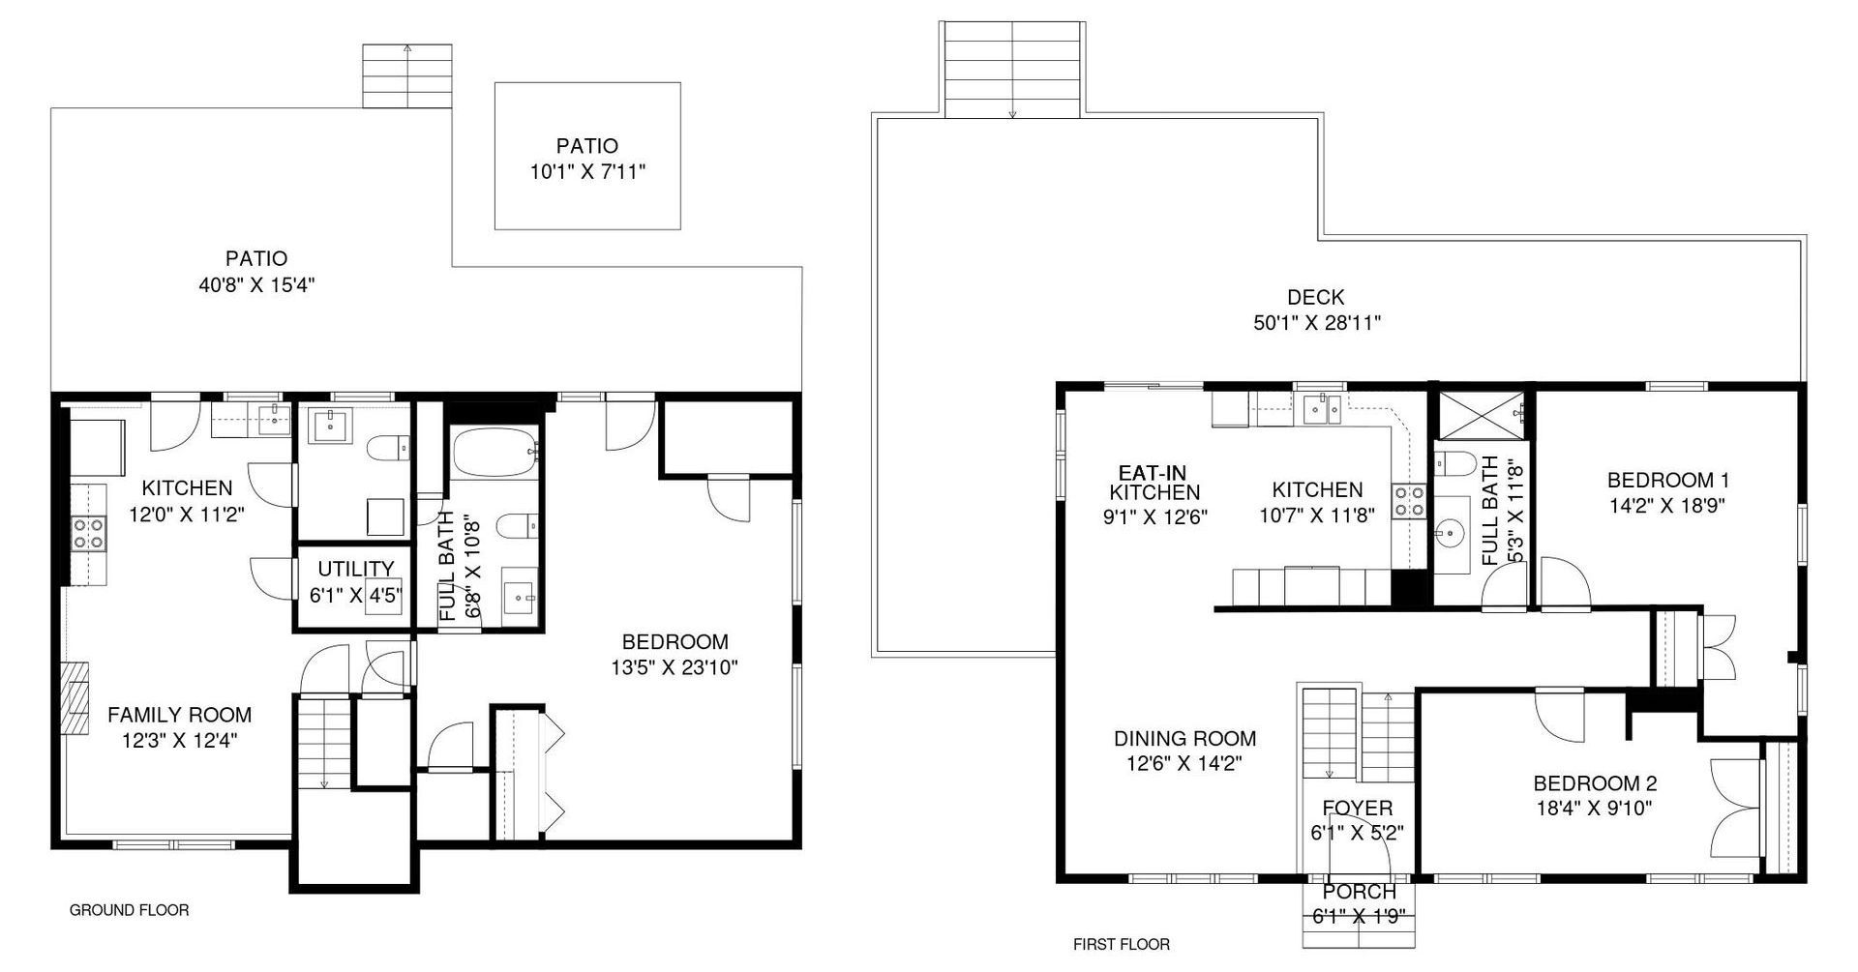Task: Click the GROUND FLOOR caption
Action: pyautogui.click(x=129, y=910)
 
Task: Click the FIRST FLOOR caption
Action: pyautogui.click(x=1122, y=945)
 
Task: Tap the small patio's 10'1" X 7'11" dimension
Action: pyautogui.click(x=587, y=173)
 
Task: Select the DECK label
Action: pyautogui.click(x=1315, y=298)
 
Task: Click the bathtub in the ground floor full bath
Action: pyautogui.click(x=494, y=452)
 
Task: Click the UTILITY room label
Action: pyautogui.click(x=356, y=569)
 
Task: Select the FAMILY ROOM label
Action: pyautogui.click(x=179, y=715)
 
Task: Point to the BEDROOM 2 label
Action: pyautogui.click(x=1595, y=783)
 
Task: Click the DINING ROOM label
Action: pyautogui.click(x=1184, y=739)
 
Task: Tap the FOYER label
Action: pyautogui.click(x=1358, y=809)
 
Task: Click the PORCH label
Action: pyautogui.click(x=1359, y=892)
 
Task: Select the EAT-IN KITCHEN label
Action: pyautogui.click(x=1154, y=483)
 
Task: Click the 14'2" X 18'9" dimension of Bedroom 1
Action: pyautogui.click(x=1667, y=505)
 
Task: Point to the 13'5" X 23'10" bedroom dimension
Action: pyautogui.click(x=674, y=667)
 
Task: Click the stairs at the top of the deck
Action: pyautogui.click(x=1011, y=69)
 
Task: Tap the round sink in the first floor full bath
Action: pyautogui.click(x=1450, y=531)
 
